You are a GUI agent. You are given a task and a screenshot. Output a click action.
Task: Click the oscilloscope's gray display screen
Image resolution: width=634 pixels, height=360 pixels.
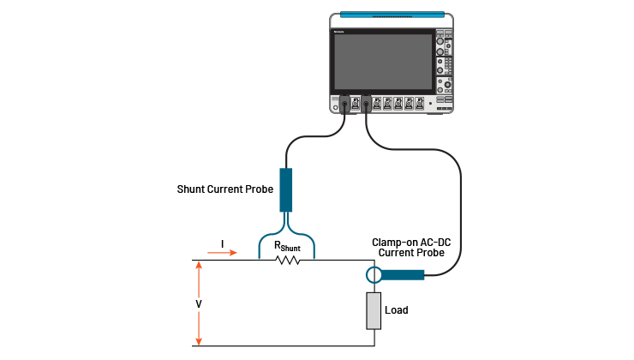click(x=383, y=62)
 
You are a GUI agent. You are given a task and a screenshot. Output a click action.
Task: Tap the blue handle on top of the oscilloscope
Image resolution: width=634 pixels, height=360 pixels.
click(x=392, y=15)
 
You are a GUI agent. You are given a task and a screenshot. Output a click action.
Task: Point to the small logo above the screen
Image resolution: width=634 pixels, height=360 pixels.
click(x=338, y=31)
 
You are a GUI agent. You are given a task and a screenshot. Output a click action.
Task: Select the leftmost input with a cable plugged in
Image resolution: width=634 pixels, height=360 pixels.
click(x=344, y=105)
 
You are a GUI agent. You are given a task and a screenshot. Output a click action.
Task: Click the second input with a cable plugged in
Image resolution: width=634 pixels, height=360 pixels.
click(x=366, y=105)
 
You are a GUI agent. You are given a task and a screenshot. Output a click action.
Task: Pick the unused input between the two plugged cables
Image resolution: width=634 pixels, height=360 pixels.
click(x=355, y=105)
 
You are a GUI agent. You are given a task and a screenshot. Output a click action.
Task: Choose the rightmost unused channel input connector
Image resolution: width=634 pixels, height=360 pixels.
click(x=419, y=104)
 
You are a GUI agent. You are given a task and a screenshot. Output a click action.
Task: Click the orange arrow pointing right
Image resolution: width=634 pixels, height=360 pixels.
click(x=222, y=253)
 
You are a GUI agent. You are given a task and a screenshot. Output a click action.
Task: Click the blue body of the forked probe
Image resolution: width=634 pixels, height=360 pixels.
click(x=286, y=189)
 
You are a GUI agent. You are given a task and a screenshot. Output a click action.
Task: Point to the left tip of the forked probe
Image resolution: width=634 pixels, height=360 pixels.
click(x=260, y=255)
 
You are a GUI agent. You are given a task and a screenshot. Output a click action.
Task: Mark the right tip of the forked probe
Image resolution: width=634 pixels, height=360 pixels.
click(x=314, y=255)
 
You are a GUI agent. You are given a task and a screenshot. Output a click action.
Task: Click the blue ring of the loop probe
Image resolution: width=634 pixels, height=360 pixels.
click(x=374, y=275)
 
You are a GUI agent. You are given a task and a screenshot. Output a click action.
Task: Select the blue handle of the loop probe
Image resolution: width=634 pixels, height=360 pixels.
click(x=404, y=275)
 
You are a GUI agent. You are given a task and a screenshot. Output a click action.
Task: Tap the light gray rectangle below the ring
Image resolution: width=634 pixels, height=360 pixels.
click(x=374, y=310)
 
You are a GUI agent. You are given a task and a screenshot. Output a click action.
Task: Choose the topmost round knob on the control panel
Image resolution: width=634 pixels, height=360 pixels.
click(x=440, y=41)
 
